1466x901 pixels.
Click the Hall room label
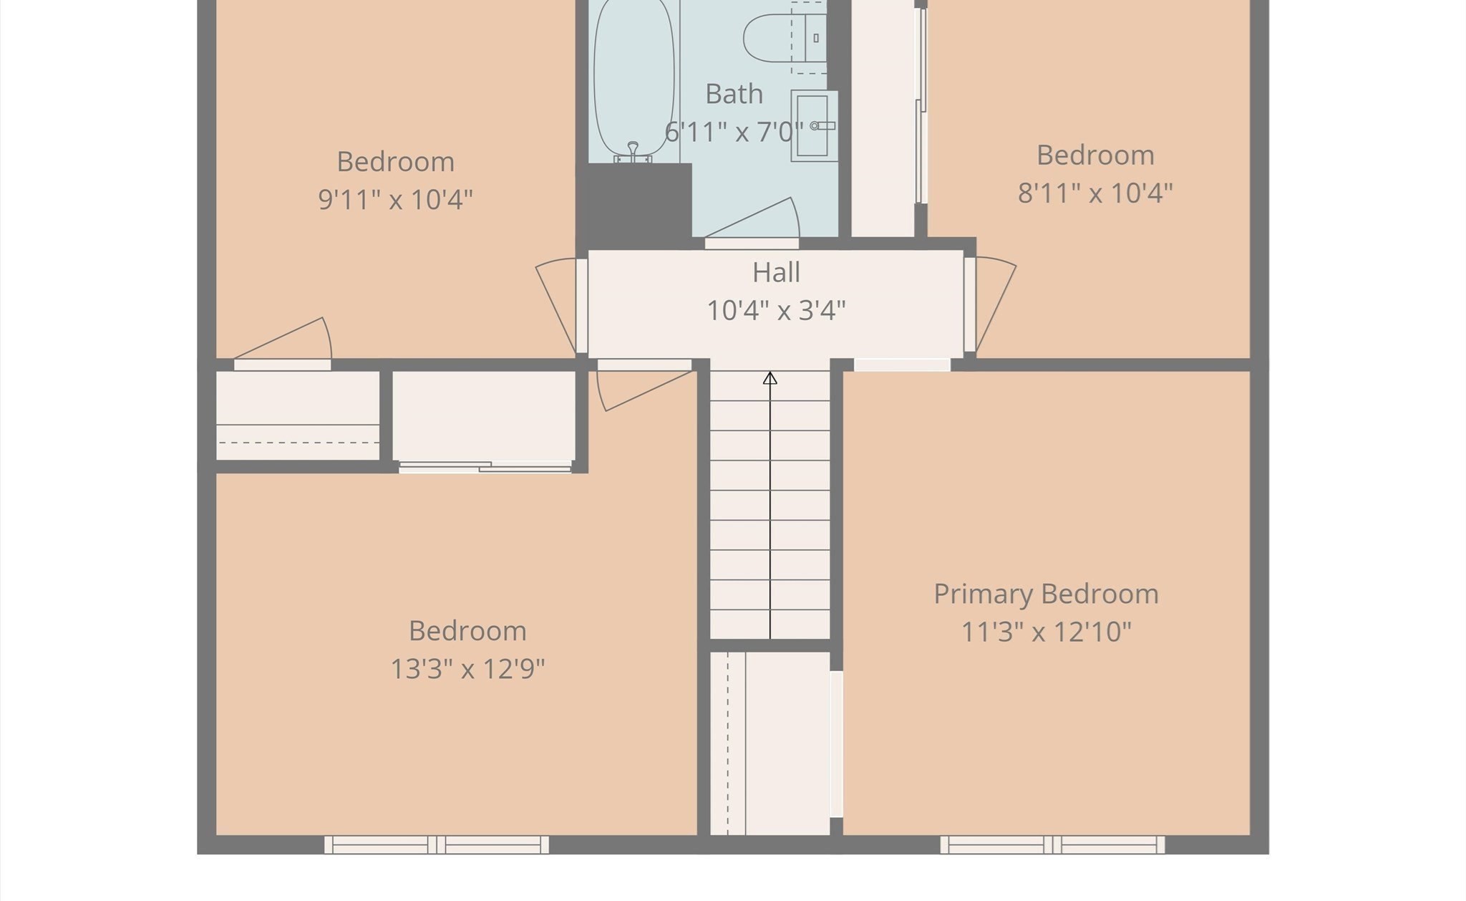[x=776, y=273]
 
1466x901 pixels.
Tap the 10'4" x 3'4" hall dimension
[x=776, y=311]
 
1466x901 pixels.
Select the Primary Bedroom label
[x=1045, y=594]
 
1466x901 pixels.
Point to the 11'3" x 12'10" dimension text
[x=1045, y=632]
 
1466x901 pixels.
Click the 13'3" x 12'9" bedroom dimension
[x=467, y=670]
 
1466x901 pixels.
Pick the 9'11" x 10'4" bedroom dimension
[x=395, y=200]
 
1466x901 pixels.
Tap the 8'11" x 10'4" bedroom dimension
[x=1094, y=193]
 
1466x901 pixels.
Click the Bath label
[x=734, y=95]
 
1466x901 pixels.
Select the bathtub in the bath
[x=634, y=79]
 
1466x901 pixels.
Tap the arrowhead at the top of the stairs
[x=770, y=378]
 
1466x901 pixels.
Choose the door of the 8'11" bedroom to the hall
[x=995, y=304]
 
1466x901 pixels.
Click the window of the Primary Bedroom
[x=1052, y=845]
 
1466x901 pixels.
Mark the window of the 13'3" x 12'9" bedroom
[x=437, y=845]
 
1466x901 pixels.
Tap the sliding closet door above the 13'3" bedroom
[x=485, y=467]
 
